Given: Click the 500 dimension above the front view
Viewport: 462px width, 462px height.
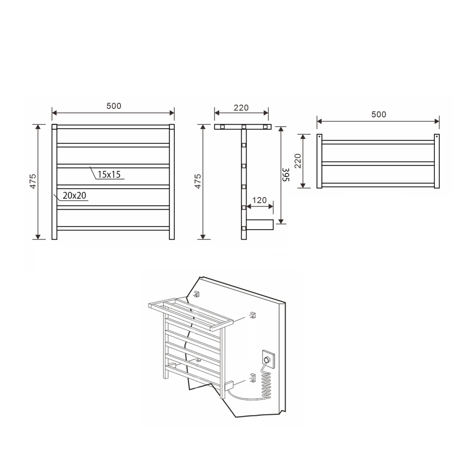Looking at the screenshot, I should [114, 106].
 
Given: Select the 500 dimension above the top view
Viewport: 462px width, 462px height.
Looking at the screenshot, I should [379, 114].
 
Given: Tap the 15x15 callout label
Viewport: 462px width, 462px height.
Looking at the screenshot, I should [109, 175].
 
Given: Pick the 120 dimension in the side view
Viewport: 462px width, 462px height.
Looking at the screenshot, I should [260, 200].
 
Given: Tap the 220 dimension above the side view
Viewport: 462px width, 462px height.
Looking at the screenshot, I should [241, 108].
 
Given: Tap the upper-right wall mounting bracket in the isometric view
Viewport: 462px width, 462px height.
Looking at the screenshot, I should [253, 314].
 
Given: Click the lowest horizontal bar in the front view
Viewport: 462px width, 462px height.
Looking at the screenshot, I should [113, 228].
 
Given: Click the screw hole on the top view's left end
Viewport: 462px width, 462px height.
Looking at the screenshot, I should [319, 136].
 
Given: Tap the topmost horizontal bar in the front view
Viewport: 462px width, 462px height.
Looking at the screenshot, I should [113, 127].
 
